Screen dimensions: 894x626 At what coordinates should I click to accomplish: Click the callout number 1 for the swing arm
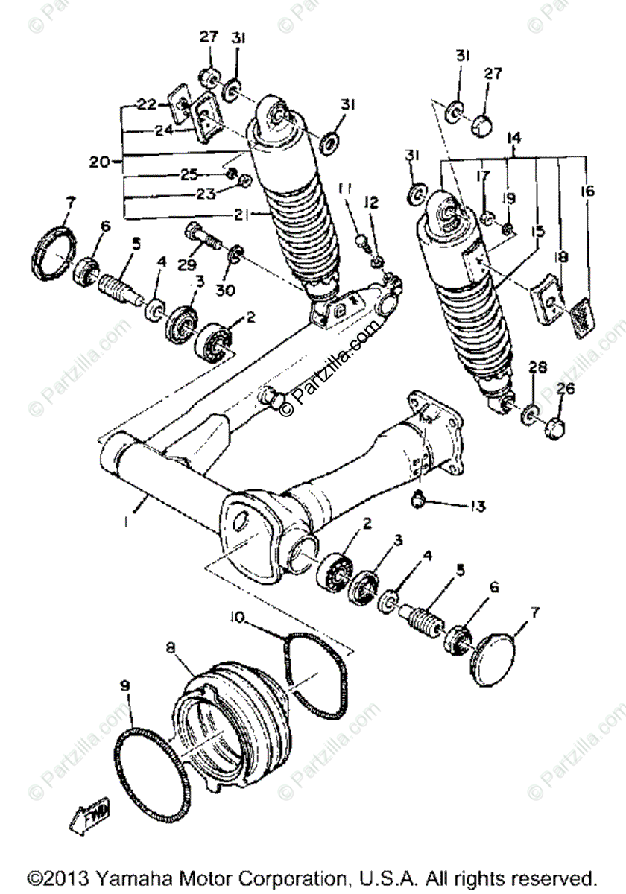tap(127, 523)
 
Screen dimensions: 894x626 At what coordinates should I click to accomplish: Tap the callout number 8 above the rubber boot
tap(171, 649)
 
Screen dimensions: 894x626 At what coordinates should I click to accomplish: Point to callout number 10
tap(237, 617)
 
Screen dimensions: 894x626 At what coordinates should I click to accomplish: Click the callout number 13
tap(477, 507)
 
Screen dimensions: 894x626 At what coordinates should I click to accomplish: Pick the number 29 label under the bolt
tap(190, 265)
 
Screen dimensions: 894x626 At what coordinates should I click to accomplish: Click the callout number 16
tap(588, 191)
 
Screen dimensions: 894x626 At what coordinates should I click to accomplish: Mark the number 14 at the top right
tap(513, 139)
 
